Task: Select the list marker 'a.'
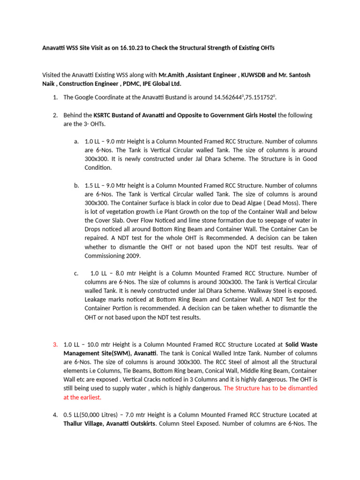76,142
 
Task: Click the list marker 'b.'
76,185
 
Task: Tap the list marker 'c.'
76,273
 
